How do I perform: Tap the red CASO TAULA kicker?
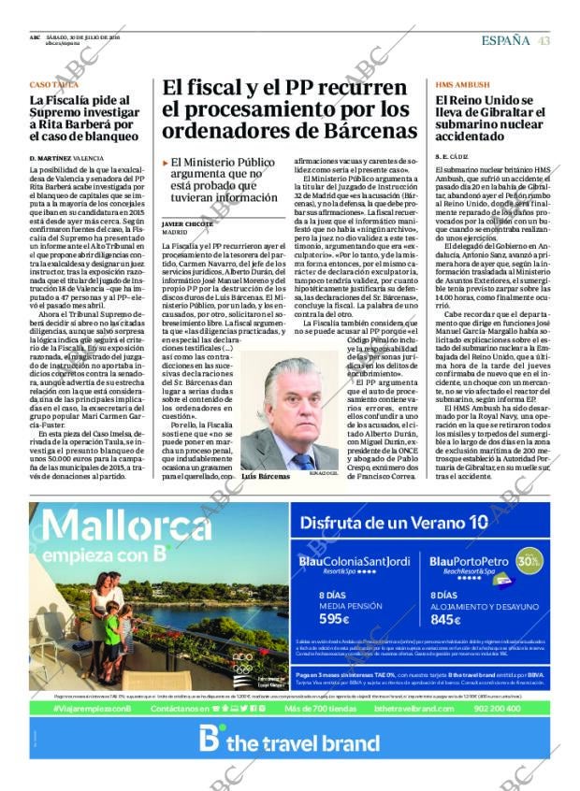(x=54, y=84)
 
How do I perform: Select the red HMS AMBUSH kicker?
(x=461, y=84)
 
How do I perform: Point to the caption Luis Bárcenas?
(x=266, y=477)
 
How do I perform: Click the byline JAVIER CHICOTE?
(x=186, y=224)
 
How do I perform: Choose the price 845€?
(x=446, y=618)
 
